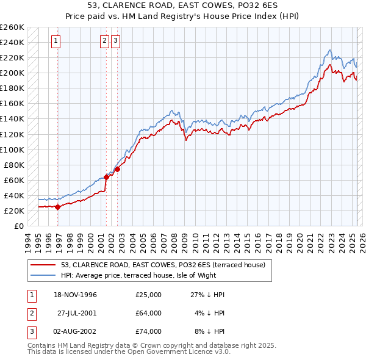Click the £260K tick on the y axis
pos(13,27)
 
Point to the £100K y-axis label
pos(13,149)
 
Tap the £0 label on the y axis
pos(19,226)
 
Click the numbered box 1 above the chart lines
pos(56,41)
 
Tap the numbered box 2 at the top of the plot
pos(104,41)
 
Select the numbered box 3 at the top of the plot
pos(115,41)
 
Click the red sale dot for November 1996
pos(57,207)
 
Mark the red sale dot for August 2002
pos(117,169)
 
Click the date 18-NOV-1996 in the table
pos(75,295)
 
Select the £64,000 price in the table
pos(149,313)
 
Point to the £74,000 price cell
pos(149,331)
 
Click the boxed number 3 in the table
pos(30,331)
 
